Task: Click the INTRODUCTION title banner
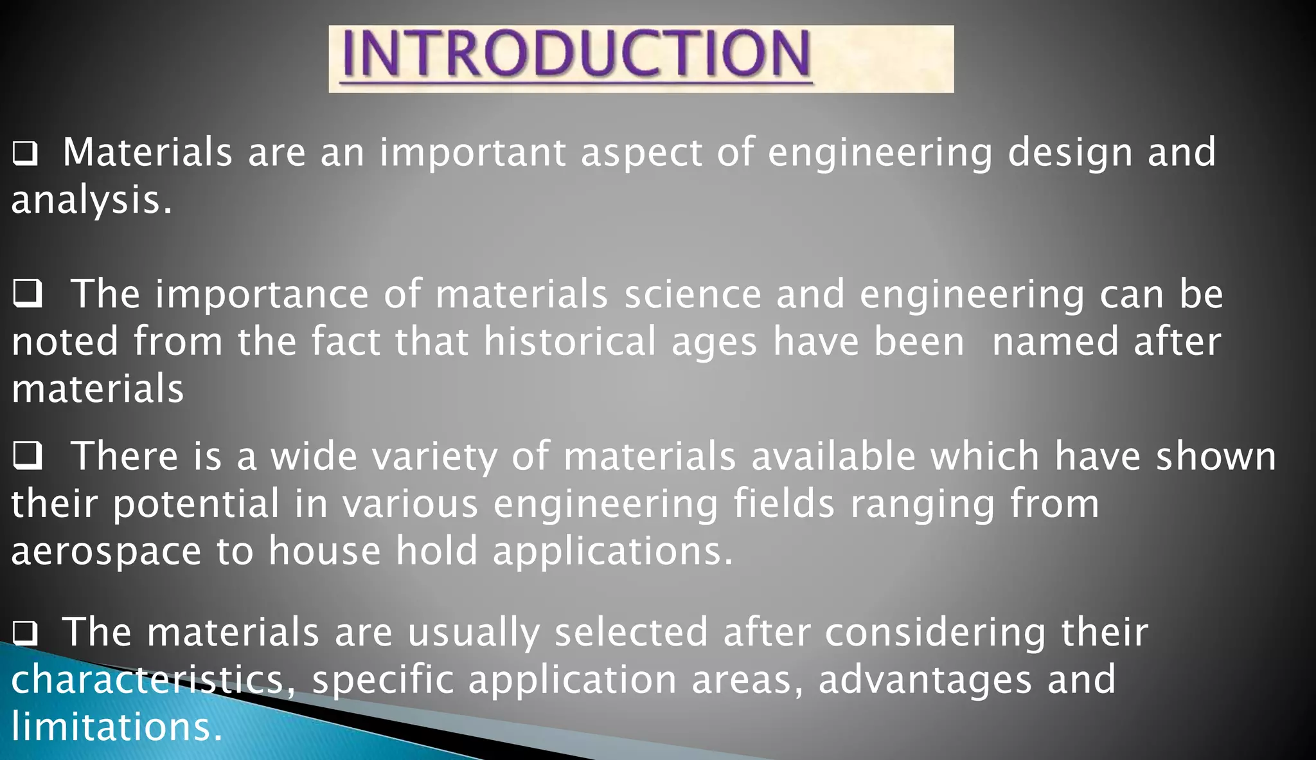coord(641,59)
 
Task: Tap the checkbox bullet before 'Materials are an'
coord(25,154)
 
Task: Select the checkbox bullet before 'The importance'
coord(28,294)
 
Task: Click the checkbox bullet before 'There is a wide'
coord(28,455)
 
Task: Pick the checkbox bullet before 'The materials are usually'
coord(25,633)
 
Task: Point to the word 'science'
coord(693,294)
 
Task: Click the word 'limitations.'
coord(116,727)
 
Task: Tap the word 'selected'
coord(631,632)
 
